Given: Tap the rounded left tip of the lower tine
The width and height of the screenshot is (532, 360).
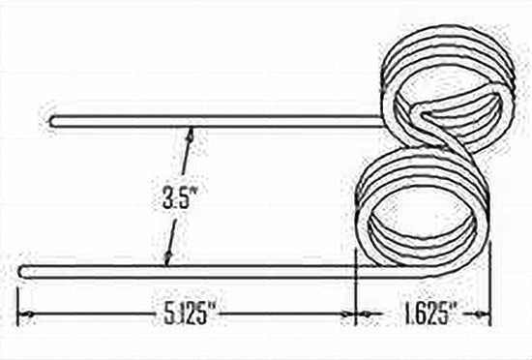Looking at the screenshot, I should click(x=23, y=268).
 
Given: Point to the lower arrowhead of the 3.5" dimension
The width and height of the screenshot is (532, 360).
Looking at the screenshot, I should click(x=168, y=259).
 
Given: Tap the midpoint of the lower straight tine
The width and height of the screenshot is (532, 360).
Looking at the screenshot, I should click(x=189, y=268).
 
